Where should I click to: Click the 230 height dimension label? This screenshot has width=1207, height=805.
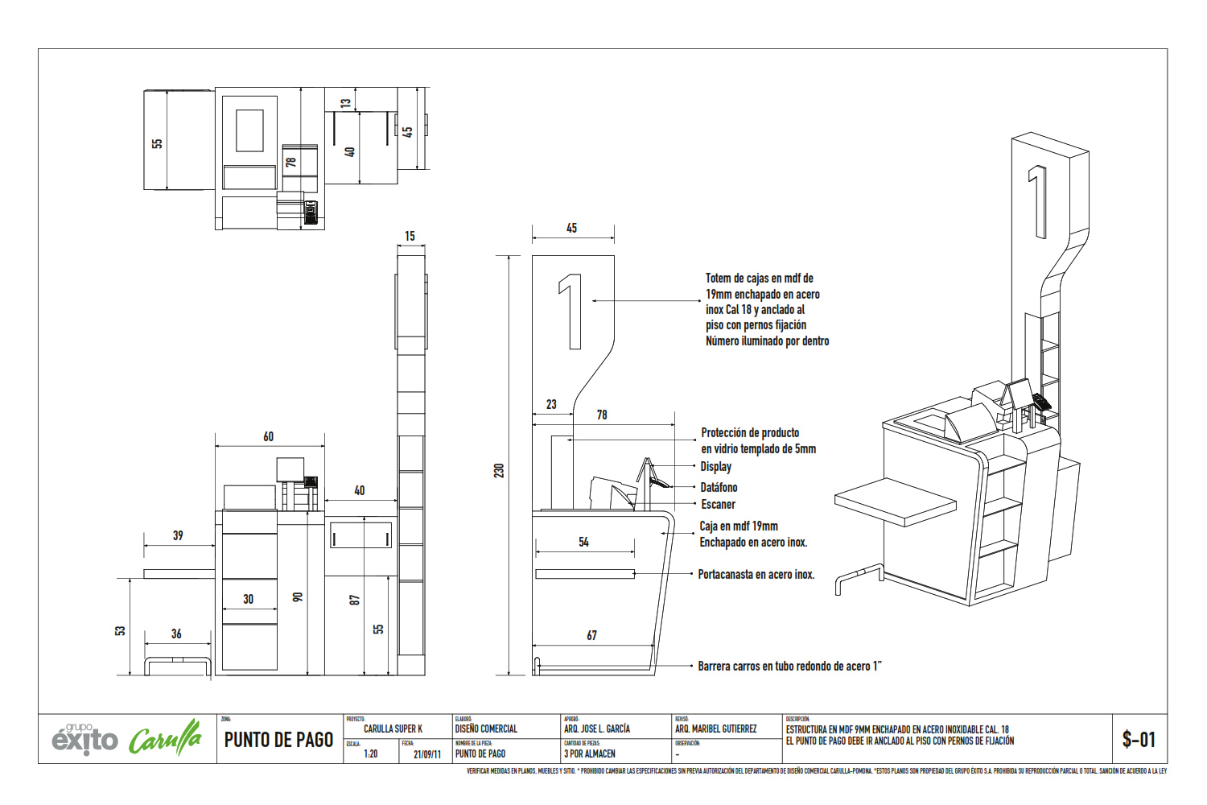tap(499, 470)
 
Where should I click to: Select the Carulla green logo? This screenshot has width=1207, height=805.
tap(165, 738)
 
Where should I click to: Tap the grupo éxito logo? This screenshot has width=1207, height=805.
tap(84, 738)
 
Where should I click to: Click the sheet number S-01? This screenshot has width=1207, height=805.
tap(1139, 739)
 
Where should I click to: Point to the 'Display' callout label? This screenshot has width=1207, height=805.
tap(715, 467)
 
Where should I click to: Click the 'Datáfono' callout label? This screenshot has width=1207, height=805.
tap(719, 487)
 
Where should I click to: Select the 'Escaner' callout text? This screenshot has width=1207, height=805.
tap(718, 505)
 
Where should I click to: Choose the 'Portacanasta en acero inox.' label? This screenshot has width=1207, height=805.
tap(756, 575)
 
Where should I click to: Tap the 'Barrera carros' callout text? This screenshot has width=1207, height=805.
tap(789, 667)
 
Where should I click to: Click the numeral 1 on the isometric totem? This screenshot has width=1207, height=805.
tap(1038, 201)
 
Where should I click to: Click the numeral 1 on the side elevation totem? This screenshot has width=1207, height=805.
tap(571, 312)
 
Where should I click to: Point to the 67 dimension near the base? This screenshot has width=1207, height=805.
tap(591, 636)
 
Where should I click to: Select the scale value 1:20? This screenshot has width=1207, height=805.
tap(370, 754)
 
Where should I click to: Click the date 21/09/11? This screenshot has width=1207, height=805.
tap(426, 754)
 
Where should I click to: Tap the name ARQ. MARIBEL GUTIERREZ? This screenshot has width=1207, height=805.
tap(715, 729)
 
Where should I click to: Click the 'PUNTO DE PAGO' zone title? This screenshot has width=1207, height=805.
tap(278, 740)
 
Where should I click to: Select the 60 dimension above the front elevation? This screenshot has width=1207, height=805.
tap(268, 436)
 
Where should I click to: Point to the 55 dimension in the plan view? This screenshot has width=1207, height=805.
tap(157, 143)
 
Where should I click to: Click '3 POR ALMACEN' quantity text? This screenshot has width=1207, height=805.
tap(590, 754)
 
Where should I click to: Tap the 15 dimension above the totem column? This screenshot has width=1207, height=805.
tap(410, 236)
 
